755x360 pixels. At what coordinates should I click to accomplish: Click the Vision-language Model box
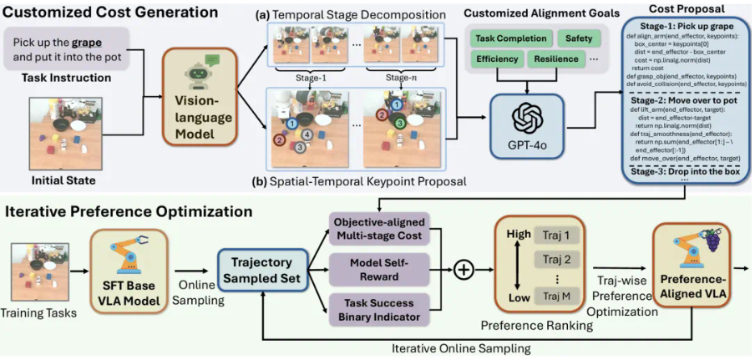[197, 98]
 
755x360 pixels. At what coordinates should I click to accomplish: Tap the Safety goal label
[579, 38]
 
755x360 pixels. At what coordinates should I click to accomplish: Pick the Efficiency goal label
[496, 59]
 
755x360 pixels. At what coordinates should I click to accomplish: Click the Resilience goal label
[557, 59]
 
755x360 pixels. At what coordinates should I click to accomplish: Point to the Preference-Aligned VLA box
[692, 270]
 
